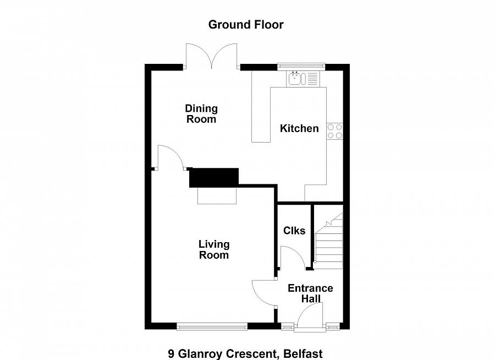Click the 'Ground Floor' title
pyautogui.click(x=246, y=25)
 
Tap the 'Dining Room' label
pyautogui.click(x=201, y=114)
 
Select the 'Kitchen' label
pyautogui.click(x=299, y=128)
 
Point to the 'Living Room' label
pyautogui.click(x=214, y=249)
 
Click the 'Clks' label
pyautogui.click(x=294, y=231)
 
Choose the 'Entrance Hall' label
pyautogui.click(x=310, y=293)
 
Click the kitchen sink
pyautogui.click(x=303, y=79)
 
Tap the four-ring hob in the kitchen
pyautogui.click(x=334, y=131)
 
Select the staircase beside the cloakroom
pyautogui.click(x=329, y=241)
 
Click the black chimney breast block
pyautogui.click(x=214, y=178)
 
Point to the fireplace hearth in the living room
pyautogui.click(x=217, y=195)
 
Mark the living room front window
pyautogui.click(x=212, y=326)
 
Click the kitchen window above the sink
pyautogui.click(x=301, y=66)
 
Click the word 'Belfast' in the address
pyautogui.click(x=303, y=354)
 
